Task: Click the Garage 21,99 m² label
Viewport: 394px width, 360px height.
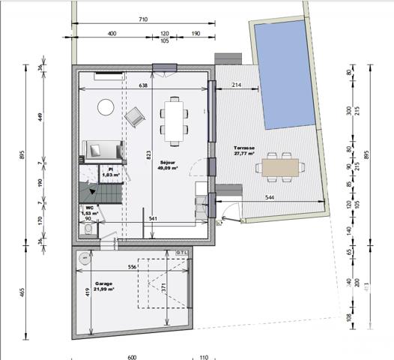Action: coord(103,286)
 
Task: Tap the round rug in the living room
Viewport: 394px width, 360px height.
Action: coord(106,108)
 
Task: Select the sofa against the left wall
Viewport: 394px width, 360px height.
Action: coord(100,149)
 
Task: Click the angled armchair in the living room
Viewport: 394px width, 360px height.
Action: coord(136,116)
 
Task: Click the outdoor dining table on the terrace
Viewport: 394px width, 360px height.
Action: coord(279,166)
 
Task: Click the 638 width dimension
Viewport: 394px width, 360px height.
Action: coord(143,85)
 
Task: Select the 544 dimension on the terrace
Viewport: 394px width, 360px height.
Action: coord(273,198)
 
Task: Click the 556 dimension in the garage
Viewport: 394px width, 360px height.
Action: coord(131,267)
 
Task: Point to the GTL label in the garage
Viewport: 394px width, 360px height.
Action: coord(181,253)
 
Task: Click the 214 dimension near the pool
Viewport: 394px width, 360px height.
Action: coord(236,85)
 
